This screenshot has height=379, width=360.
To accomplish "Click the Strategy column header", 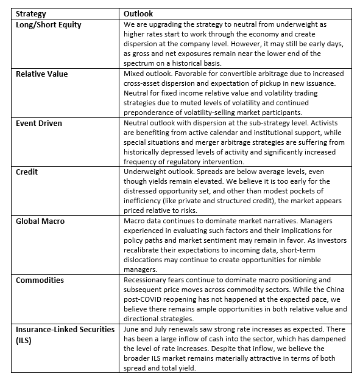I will point(31,13).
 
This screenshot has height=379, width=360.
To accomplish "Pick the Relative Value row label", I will point(41,74).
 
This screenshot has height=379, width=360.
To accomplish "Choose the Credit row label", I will point(26,172).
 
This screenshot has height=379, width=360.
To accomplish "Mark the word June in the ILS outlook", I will point(133,329).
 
